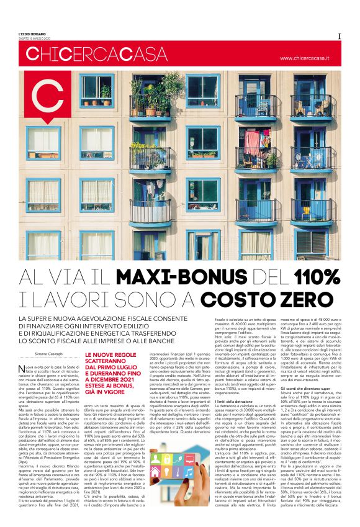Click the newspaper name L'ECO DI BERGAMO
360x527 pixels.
pos(30,35)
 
